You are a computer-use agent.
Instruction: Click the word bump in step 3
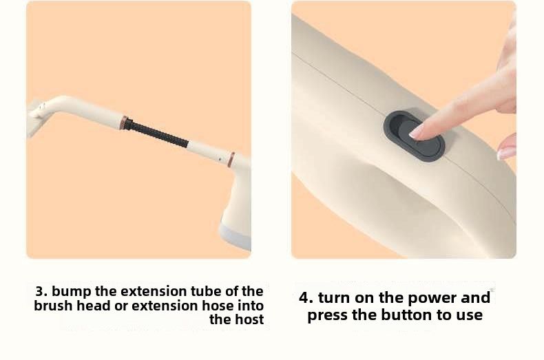pyautogui.click(x=72, y=292)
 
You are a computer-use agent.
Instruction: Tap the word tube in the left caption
pyautogui.click(x=206, y=291)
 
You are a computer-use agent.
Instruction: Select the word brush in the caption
pyautogui.click(x=54, y=306)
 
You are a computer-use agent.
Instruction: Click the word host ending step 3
pyautogui.click(x=249, y=319)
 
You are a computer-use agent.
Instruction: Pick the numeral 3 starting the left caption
pyautogui.click(x=40, y=291)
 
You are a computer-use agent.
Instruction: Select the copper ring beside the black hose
pyautogui.click(x=123, y=123)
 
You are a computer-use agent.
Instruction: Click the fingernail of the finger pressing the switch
pyautogui.click(x=417, y=132)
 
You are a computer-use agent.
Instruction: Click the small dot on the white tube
pyautogui.click(x=220, y=160)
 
